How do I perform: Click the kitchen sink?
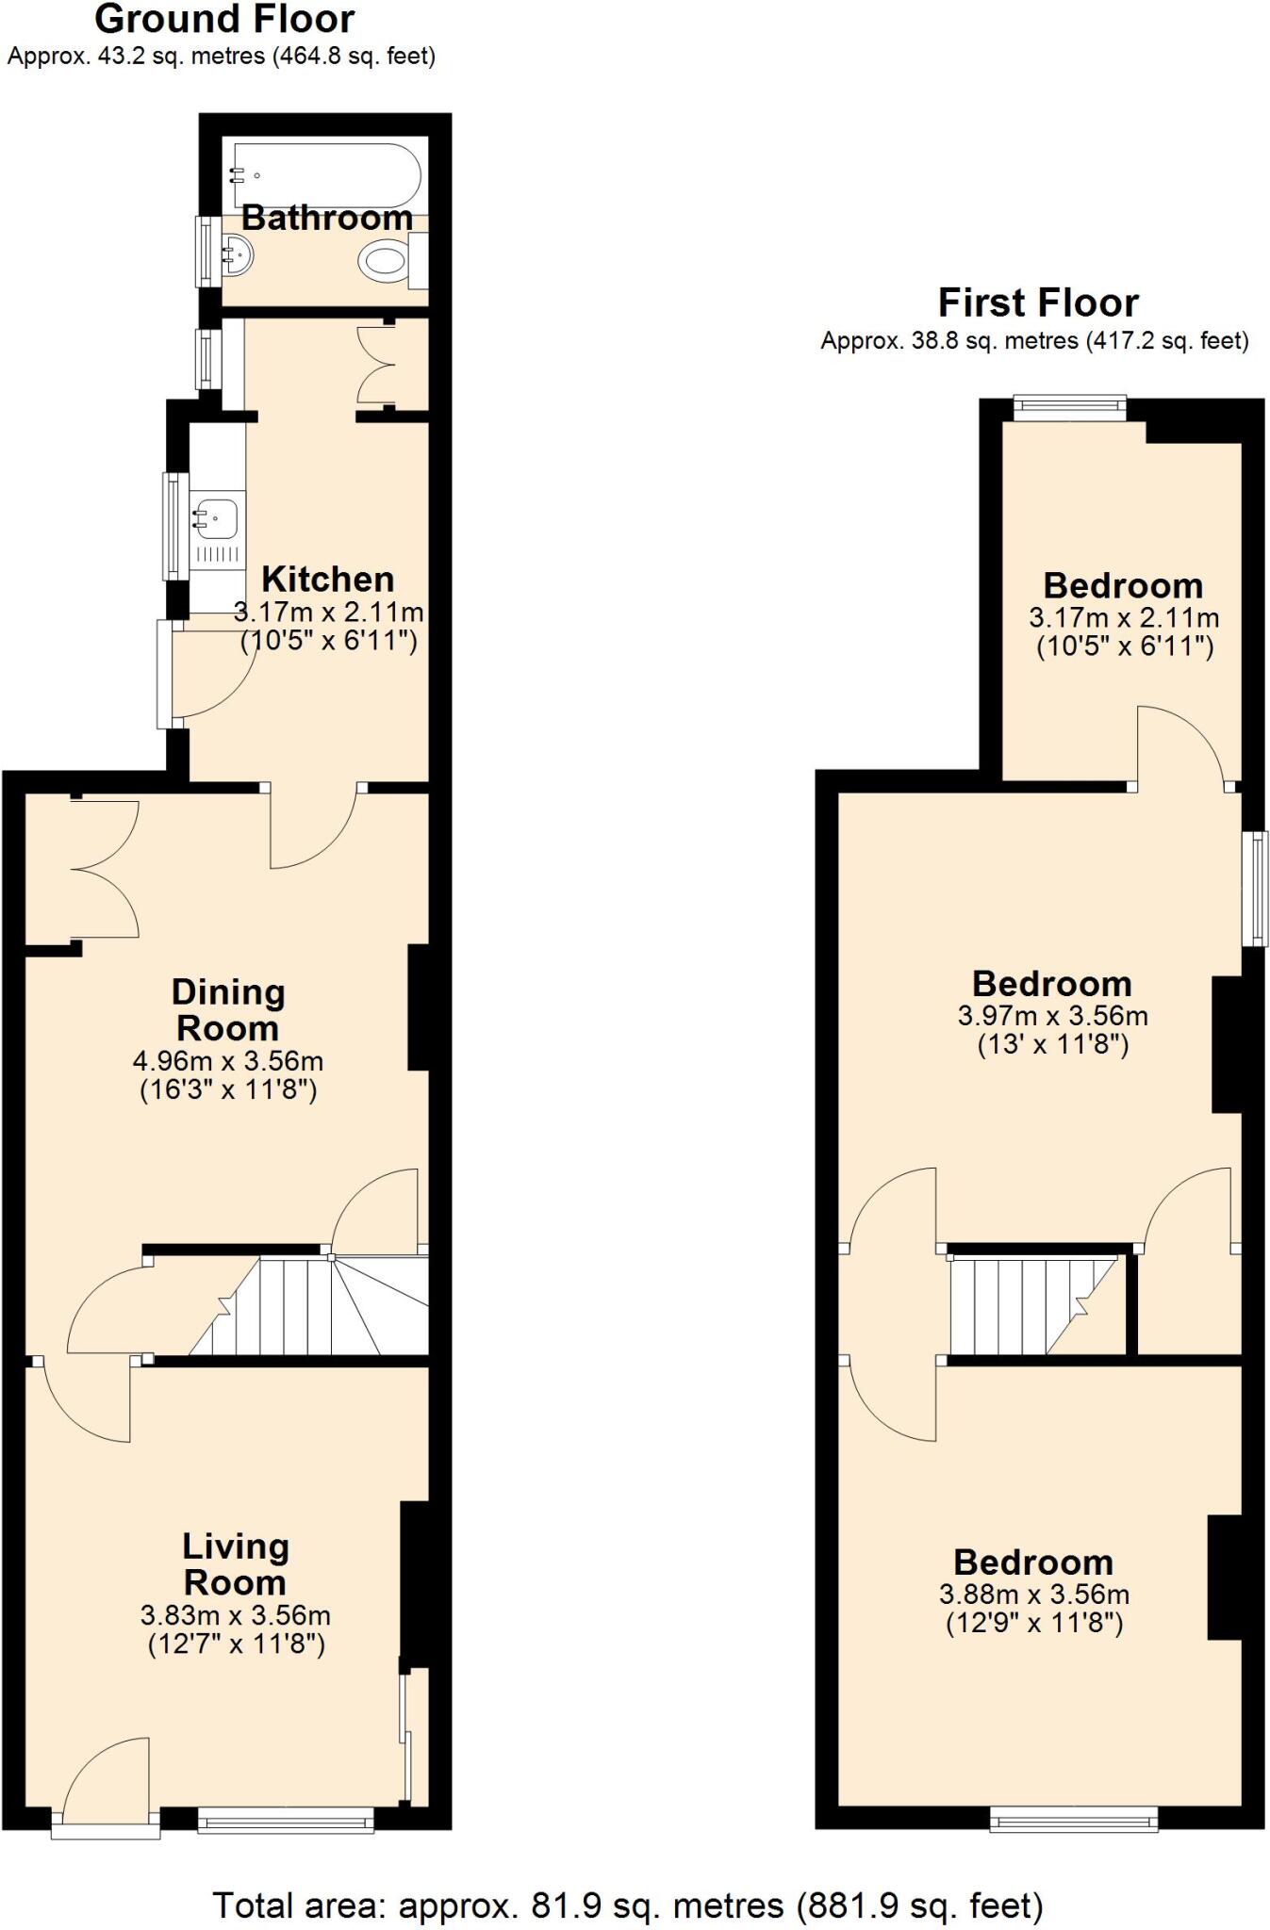[216, 517]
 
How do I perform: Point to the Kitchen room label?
[327, 579]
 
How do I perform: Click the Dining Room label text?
[228, 1009]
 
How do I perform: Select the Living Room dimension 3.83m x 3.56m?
[235, 1614]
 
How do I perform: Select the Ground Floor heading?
[224, 19]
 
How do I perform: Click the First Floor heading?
[1038, 303]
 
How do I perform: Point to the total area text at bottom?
[628, 1905]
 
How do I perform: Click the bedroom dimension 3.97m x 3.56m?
[1052, 1016]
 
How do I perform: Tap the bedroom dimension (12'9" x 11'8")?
[1034, 1623]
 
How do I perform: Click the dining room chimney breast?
[419, 1007]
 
